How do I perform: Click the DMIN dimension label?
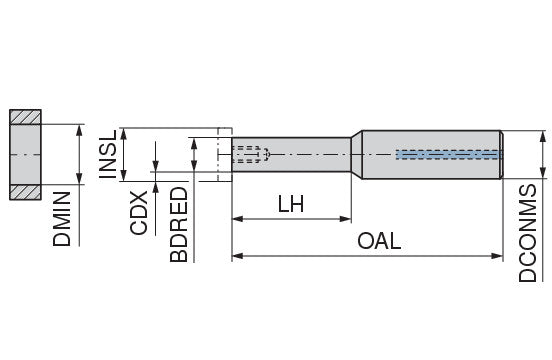click(x=62, y=219)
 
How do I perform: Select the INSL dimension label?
click(x=108, y=154)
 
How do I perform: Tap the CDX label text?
click(x=138, y=213)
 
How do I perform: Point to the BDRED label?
click(x=178, y=225)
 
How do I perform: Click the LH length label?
click(x=291, y=204)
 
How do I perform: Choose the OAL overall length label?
click(x=379, y=241)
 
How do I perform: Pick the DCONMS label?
click(x=528, y=233)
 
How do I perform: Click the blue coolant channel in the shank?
click(x=448, y=154)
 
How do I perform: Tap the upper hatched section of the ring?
click(x=25, y=117)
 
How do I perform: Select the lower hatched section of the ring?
click(x=25, y=192)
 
